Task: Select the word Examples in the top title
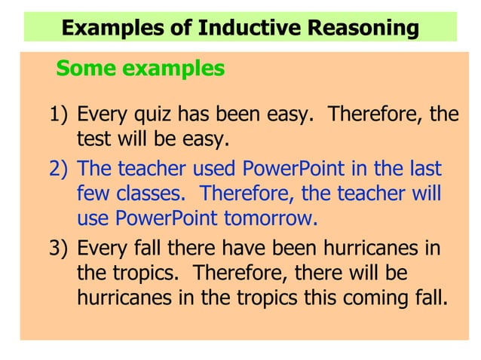click(112, 29)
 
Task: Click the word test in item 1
click(90, 140)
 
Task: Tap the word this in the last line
click(322, 297)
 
